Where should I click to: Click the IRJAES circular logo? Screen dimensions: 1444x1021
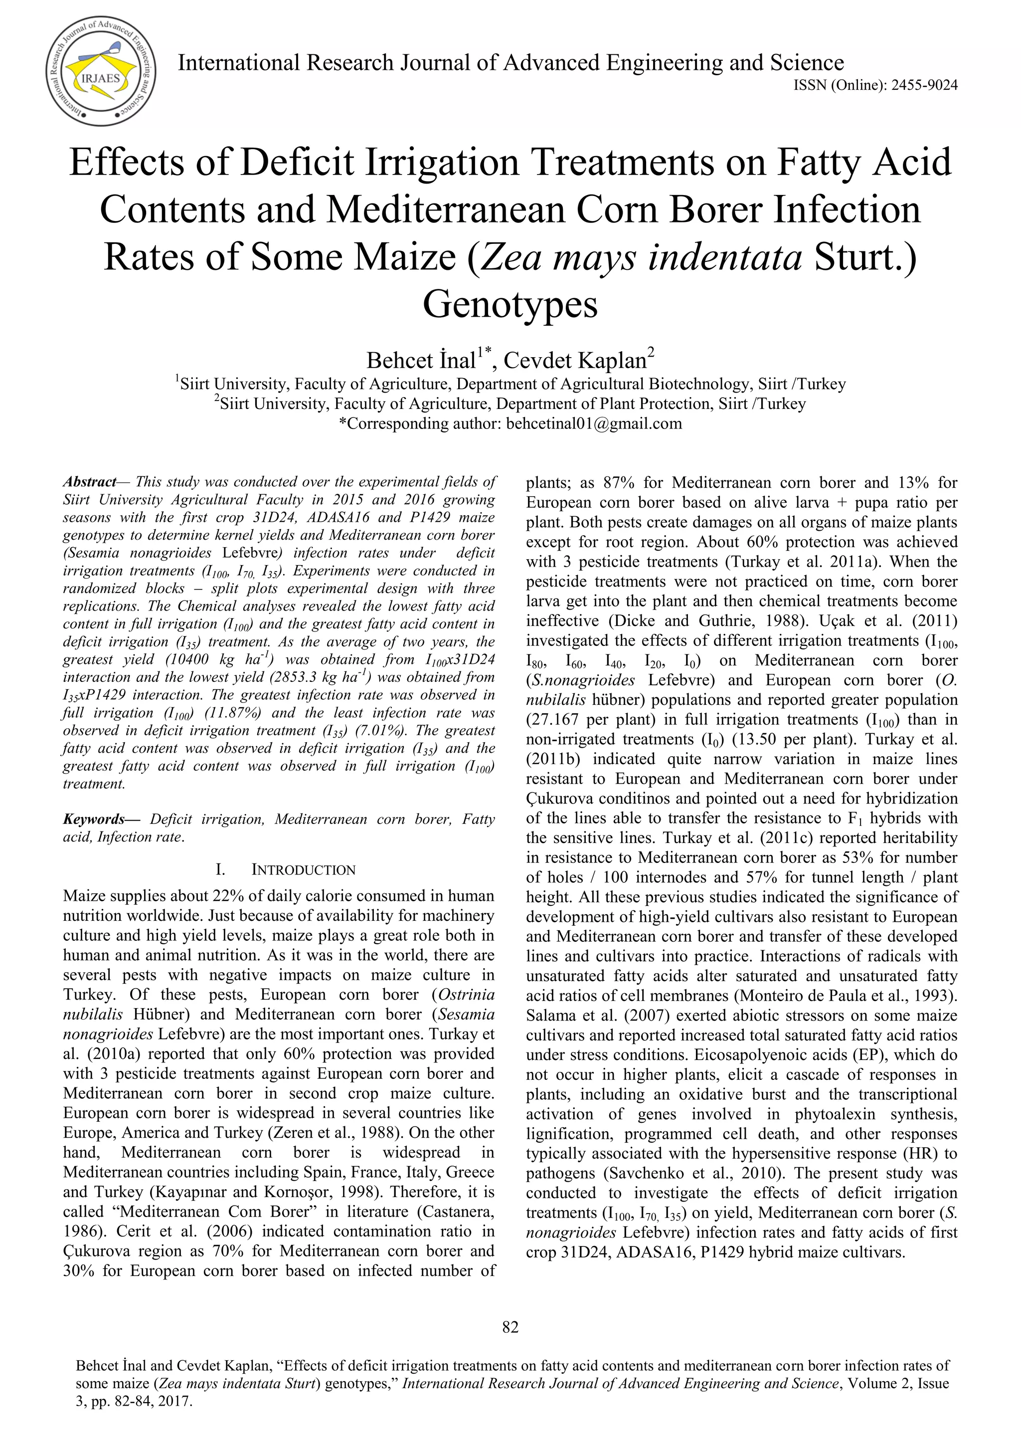tap(101, 69)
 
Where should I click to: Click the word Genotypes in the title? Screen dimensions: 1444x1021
tap(510, 304)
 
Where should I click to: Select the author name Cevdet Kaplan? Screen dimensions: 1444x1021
tap(575, 360)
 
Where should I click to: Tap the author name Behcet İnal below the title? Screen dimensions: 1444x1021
tap(421, 360)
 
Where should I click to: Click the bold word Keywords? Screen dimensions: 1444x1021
tap(94, 820)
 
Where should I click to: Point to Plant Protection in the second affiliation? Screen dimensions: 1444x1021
tap(651, 404)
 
